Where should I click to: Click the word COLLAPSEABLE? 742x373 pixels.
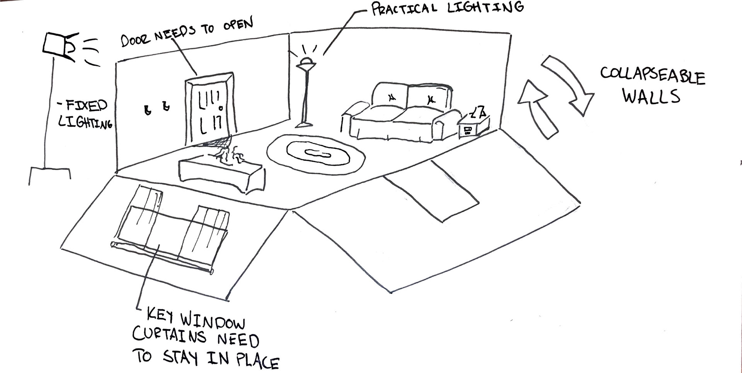point(652,76)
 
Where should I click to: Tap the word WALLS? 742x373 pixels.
point(651,96)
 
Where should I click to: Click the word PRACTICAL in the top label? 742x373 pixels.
point(404,9)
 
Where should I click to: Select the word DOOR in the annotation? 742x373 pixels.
point(136,39)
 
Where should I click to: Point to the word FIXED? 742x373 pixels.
point(86,106)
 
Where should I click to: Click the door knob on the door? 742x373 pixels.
point(221,108)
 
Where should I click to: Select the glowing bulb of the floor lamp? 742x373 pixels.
point(307,61)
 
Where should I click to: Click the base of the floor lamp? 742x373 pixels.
point(304,124)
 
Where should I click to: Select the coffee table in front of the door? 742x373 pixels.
point(221,174)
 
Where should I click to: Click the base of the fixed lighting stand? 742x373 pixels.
point(49,172)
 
